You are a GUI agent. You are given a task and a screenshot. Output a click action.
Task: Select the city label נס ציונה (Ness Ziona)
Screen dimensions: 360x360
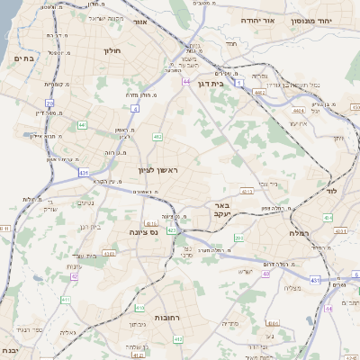tap(143, 231)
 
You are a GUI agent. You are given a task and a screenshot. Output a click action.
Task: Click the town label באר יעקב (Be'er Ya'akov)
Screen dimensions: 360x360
tap(222, 211)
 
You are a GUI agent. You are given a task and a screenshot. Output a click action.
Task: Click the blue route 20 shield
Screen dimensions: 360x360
tap(49, 104)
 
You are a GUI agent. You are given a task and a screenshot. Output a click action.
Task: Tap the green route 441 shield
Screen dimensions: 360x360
tap(83, 124)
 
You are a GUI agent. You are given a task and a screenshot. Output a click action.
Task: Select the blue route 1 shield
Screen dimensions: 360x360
tap(239, 83)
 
